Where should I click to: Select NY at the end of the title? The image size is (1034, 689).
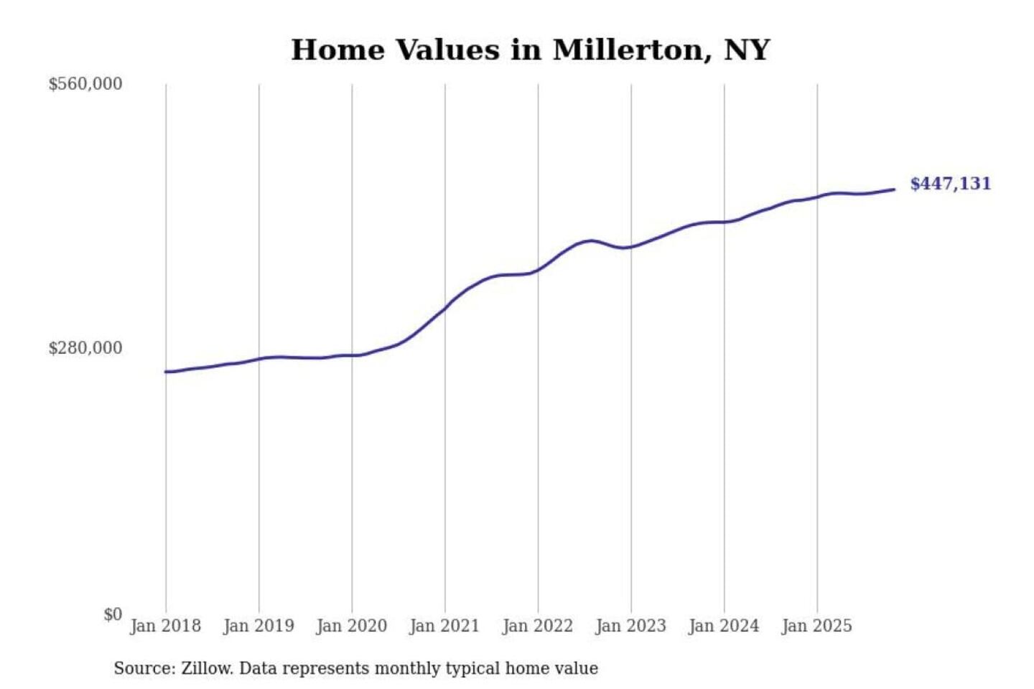point(747,50)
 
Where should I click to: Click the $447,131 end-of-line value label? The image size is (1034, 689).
point(950,184)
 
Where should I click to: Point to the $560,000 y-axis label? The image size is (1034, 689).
point(85,84)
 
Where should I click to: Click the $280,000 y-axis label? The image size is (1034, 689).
point(85,348)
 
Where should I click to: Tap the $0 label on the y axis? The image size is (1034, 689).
point(113,614)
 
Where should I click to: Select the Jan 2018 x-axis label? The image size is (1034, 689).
point(165,626)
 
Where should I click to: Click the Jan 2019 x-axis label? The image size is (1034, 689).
point(258,626)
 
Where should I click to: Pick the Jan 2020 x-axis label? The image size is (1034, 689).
point(351,626)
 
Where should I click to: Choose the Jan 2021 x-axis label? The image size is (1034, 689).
point(444,626)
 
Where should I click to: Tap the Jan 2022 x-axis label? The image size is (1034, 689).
point(537,626)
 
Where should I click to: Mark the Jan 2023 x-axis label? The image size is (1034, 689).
point(630,626)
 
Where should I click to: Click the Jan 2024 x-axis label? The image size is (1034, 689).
point(723,626)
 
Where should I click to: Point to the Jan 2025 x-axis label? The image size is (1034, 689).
point(816,626)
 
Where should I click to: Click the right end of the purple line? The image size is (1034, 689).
point(894,189)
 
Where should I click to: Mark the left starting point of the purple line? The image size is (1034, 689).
point(166,372)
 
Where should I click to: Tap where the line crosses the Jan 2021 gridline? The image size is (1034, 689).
point(445,309)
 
